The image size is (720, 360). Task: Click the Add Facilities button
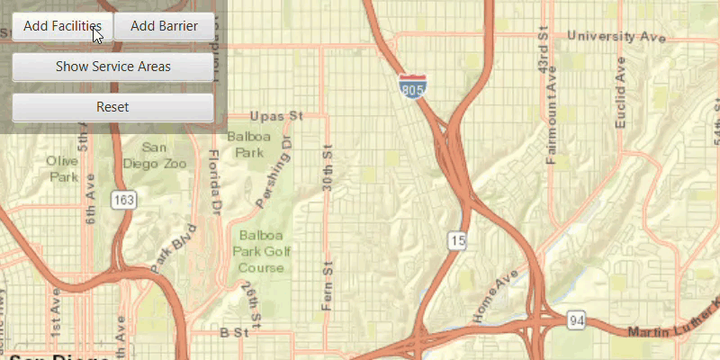(61, 26)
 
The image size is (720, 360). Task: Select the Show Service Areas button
(112, 67)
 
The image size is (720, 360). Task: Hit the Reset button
(112, 107)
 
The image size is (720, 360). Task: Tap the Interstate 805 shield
(414, 87)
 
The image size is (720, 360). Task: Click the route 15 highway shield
(458, 238)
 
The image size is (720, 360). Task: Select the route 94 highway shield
(577, 320)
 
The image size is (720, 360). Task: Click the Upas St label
(277, 117)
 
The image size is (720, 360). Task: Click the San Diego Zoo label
(162, 156)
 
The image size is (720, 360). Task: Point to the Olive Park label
(64, 169)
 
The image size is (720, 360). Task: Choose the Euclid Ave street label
(620, 94)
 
